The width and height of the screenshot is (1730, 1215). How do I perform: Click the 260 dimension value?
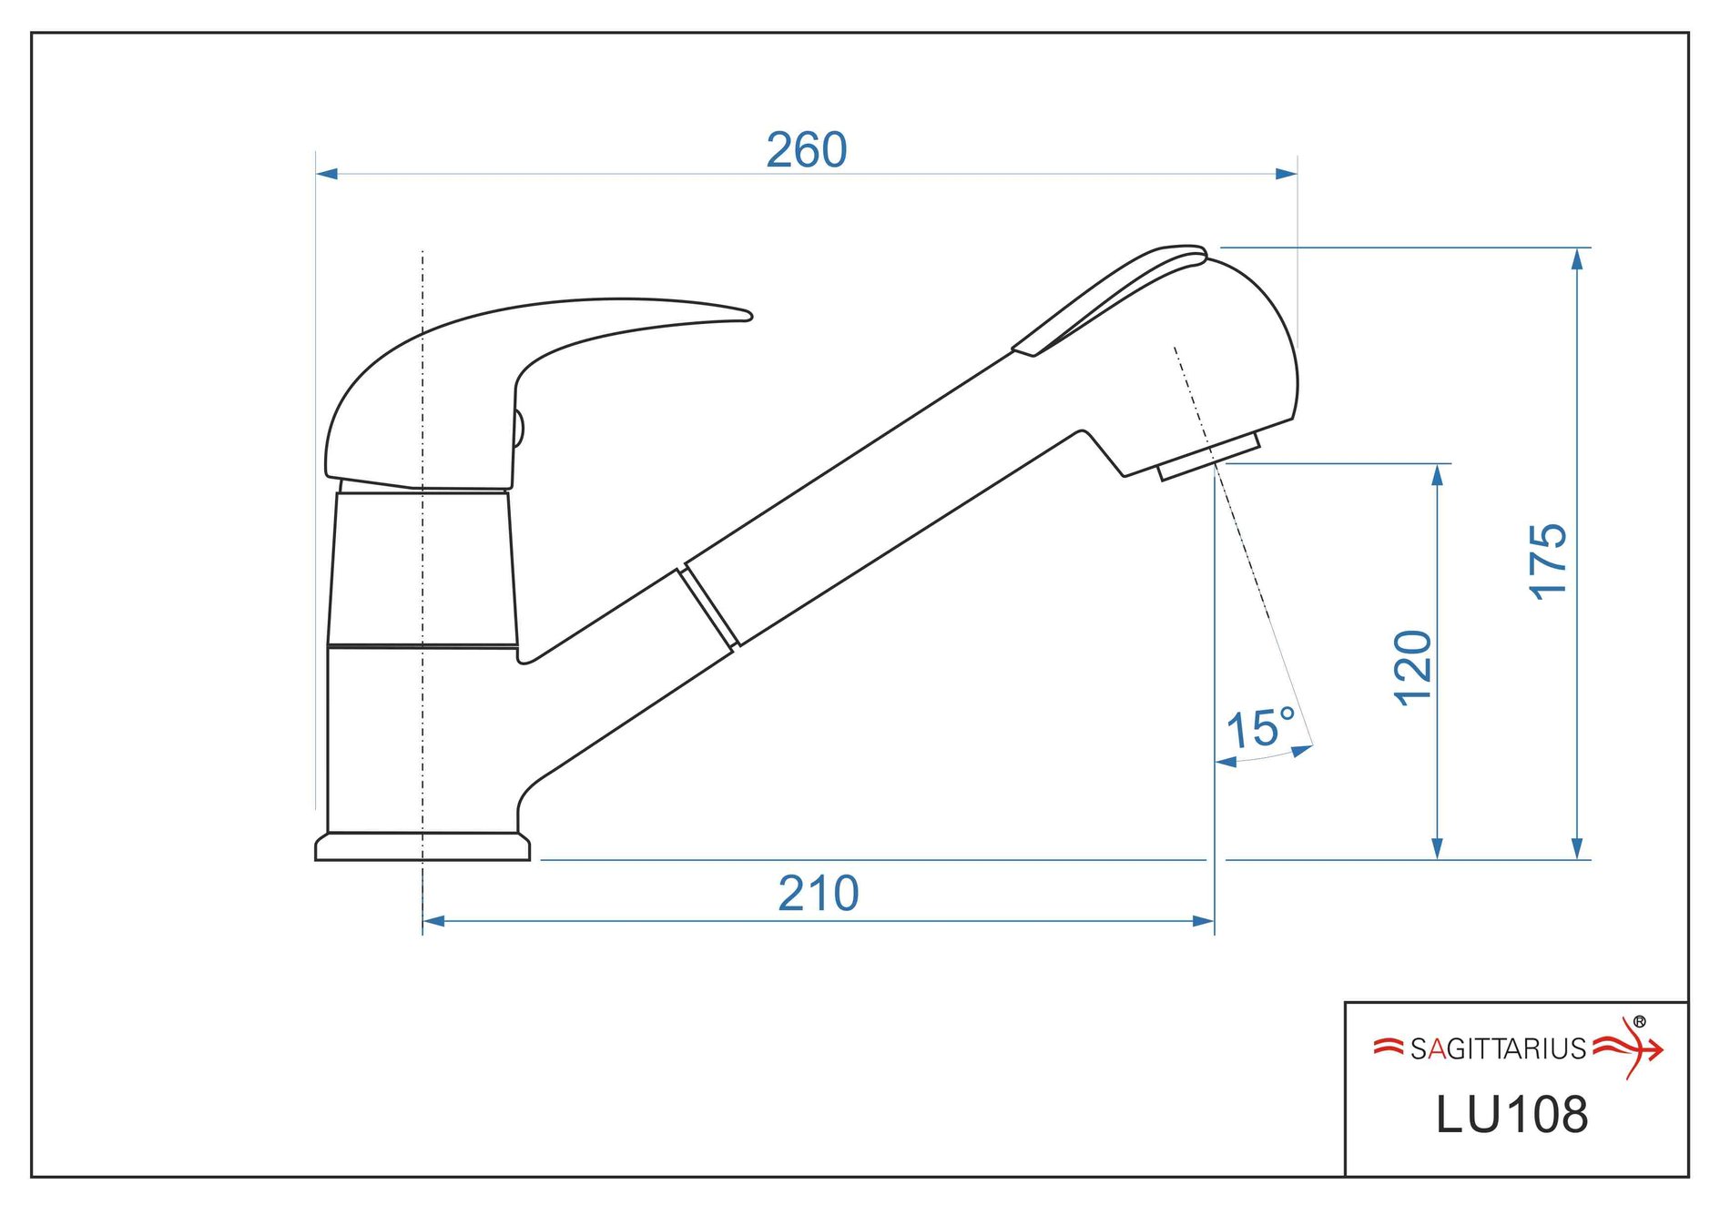point(806,150)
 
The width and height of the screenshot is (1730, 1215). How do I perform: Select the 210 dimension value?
point(818,894)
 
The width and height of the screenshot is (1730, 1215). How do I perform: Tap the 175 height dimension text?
point(1547,562)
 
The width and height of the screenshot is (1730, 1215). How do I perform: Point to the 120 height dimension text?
point(1413,668)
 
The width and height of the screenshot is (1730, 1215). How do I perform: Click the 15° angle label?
point(1261,728)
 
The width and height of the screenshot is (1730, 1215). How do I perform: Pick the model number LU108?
point(1511,1115)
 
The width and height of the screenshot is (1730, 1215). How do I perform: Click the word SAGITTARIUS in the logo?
point(1499,1049)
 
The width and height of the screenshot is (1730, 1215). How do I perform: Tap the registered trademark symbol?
point(1640,1022)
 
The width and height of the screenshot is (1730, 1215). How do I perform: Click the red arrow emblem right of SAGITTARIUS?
point(1629,1048)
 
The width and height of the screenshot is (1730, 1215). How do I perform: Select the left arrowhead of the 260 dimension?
point(327,173)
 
